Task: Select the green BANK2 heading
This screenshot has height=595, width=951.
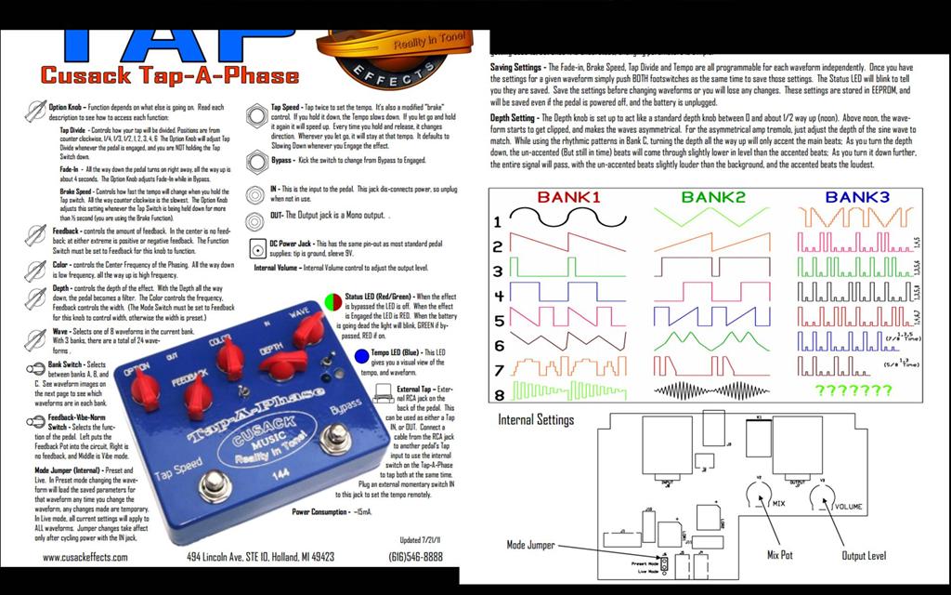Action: [713, 197]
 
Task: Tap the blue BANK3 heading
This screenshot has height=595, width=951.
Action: [857, 197]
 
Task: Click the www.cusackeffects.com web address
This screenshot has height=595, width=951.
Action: [90, 558]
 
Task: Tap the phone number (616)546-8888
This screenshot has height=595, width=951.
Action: [414, 558]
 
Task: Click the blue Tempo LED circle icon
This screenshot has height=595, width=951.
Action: [362, 357]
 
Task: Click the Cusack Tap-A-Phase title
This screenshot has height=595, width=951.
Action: [170, 75]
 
